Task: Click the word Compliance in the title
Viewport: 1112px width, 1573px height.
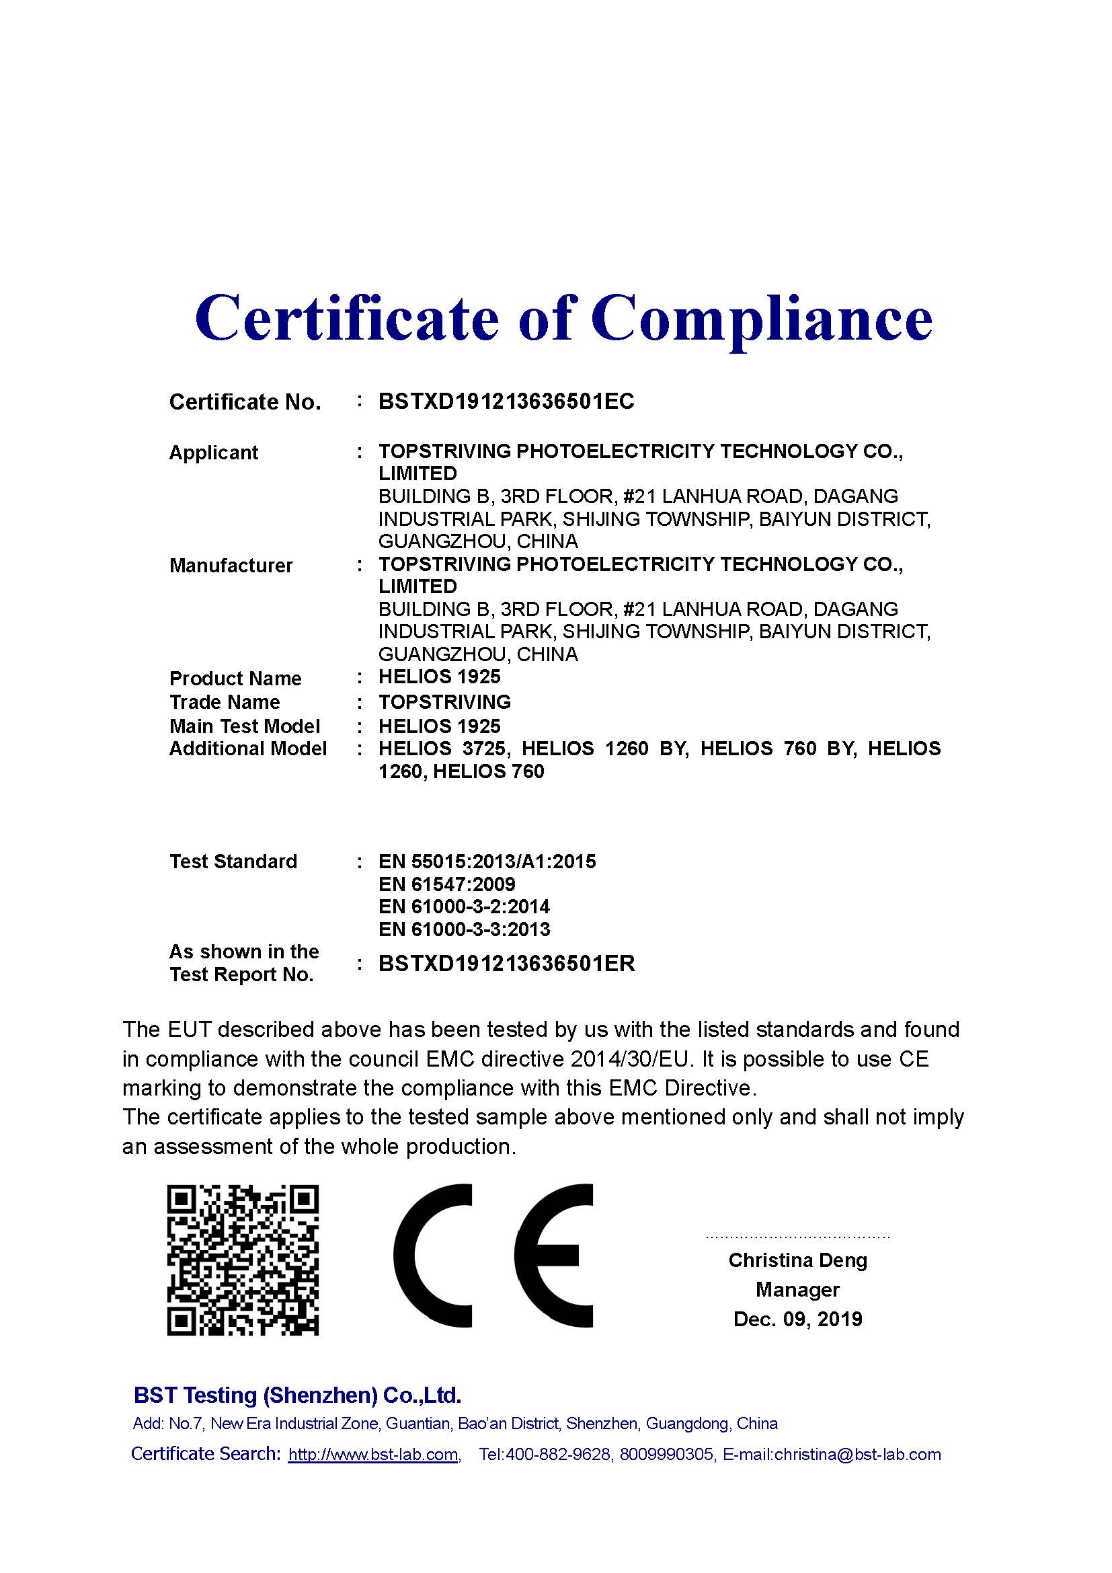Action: pos(762,318)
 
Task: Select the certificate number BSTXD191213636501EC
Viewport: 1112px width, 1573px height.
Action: pos(506,401)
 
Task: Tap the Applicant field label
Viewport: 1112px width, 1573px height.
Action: pos(213,453)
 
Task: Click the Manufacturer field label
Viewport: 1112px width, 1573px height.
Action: pos(231,566)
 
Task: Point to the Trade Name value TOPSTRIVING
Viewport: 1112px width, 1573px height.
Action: pos(444,701)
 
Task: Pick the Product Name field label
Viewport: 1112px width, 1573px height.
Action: pos(235,679)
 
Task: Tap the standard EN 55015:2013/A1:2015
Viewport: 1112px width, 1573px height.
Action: pos(487,861)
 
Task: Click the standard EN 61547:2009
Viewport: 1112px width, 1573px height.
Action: pos(446,884)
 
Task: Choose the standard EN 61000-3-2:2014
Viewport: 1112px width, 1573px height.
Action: pos(464,907)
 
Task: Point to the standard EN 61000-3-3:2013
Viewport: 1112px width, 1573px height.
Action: pos(464,929)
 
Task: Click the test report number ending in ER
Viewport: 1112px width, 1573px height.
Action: pos(506,963)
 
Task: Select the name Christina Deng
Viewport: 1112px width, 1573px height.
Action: pos(797,1260)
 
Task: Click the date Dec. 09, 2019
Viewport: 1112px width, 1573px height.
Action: pos(797,1319)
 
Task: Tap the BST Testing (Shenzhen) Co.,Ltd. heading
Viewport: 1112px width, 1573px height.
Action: pos(297,1395)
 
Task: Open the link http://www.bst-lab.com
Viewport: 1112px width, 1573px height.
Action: pos(373,1455)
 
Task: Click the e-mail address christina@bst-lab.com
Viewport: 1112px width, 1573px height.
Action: pos(857,1455)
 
